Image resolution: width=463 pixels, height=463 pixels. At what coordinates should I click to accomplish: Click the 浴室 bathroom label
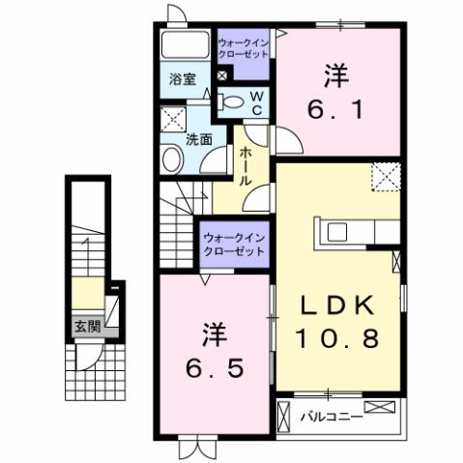click(184, 79)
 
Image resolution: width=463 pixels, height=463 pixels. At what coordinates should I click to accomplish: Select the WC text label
click(257, 102)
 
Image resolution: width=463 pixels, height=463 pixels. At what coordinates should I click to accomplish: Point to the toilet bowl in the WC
click(233, 101)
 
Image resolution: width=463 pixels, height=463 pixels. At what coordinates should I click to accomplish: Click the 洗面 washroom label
click(200, 139)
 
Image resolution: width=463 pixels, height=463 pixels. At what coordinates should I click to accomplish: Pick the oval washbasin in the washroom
click(173, 160)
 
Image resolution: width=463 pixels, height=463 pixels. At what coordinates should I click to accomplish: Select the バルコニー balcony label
click(331, 420)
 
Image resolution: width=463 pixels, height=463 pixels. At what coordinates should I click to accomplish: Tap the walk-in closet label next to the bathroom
click(244, 49)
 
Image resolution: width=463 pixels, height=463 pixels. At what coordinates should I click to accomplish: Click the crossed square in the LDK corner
click(387, 177)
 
